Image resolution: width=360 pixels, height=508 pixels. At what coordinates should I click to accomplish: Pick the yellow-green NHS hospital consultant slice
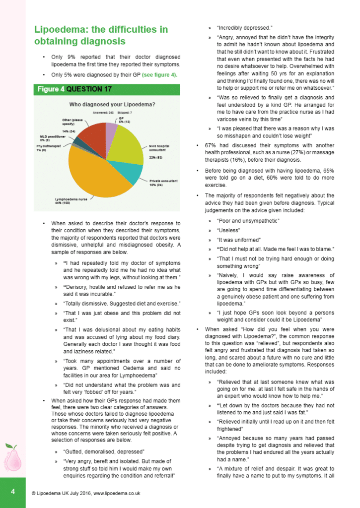coord(127,146)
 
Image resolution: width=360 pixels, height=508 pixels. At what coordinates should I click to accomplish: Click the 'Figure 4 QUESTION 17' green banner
coord(74,89)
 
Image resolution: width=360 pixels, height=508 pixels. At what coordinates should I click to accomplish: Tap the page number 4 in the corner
coord(13,492)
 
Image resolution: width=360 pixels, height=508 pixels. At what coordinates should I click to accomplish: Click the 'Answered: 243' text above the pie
coord(101,113)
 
